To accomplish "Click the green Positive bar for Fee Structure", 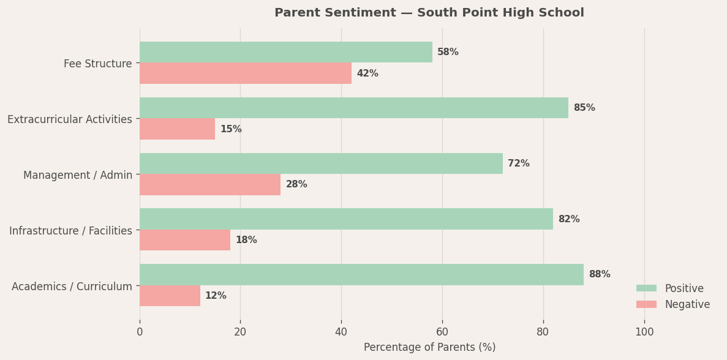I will click(285, 52).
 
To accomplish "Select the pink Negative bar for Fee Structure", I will click(245, 73).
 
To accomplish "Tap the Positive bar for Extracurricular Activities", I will click(353, 108).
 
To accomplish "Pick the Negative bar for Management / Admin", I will click(209, 185).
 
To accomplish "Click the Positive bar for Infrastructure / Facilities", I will click(346, 219).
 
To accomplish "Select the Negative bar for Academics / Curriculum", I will click(170, 296).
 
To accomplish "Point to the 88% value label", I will click(599, 275).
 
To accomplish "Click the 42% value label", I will click(367, 73).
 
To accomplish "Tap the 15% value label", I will click(231, 129).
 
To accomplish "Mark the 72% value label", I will click(518, 163).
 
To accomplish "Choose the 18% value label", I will click(246, 240).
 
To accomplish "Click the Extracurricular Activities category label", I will click(70, 119).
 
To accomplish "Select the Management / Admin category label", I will click(78, 175).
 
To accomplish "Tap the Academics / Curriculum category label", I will click(72, 287).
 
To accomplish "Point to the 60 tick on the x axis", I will click(442, 332).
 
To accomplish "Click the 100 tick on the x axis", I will click(644, 332).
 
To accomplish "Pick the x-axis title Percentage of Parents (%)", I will click(429, 347).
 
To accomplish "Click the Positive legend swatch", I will click(646, 288).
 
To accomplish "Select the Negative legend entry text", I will click(687, 304).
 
